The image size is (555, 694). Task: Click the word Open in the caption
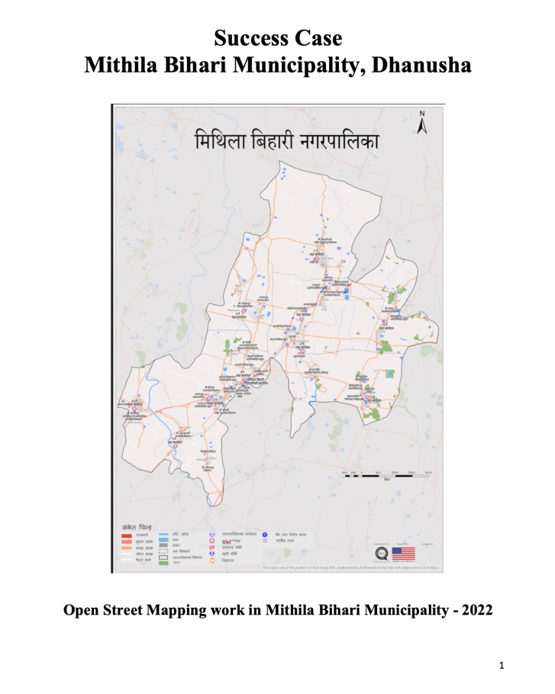coord(82,611)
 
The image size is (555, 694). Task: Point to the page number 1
coord(502,667)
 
